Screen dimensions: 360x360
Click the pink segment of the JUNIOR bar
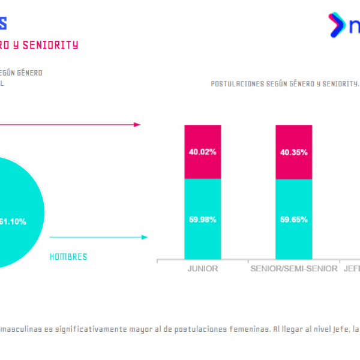pos(202,152)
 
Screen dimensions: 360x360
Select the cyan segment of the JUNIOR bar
pos(202,219)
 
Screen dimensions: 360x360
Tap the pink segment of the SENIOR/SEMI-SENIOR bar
pos(293,152)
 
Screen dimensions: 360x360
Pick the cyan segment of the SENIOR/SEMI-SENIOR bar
pos(293,219)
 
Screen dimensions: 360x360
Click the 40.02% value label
pos(202,152)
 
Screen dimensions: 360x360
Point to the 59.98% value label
pos(202,219)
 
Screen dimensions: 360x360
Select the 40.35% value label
pos(293,152)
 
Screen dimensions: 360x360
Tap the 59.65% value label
pos(293,219)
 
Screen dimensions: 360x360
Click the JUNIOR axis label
pos(202,269)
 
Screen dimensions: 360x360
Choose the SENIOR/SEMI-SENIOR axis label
pos(293,269)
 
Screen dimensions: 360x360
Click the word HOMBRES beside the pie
pos(68,257)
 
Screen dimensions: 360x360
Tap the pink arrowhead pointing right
pos(137,125)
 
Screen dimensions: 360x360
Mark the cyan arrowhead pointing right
pos(144,238)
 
